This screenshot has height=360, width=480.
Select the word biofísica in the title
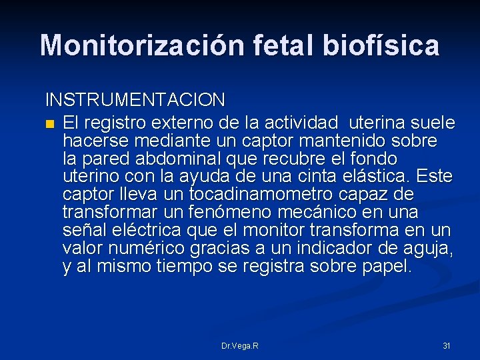click(x=383, y=45)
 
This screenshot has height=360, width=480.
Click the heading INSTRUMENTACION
click(x=135, y=100)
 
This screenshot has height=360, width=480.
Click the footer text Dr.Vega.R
click(x=240, y=346)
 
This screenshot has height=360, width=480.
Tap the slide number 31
click(x=447, y=346)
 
